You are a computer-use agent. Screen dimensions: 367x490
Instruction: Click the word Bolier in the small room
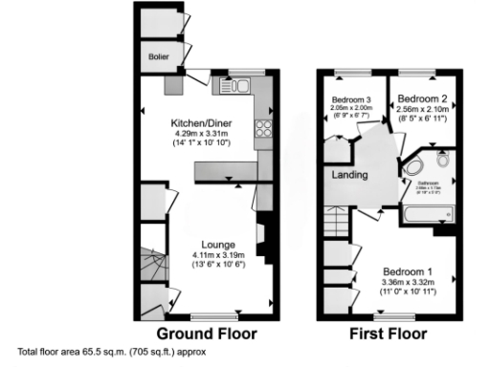158,57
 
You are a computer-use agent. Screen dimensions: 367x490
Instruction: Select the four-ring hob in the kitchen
264,133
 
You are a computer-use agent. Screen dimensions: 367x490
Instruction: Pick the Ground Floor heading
206,335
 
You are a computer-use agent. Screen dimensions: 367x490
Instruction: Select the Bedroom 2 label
423,97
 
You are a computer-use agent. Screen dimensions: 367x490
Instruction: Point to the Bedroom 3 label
351,99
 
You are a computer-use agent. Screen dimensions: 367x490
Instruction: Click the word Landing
350,175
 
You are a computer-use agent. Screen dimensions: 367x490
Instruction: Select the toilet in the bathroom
441,159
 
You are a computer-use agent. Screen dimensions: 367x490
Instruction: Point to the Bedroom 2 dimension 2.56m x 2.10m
423,109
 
